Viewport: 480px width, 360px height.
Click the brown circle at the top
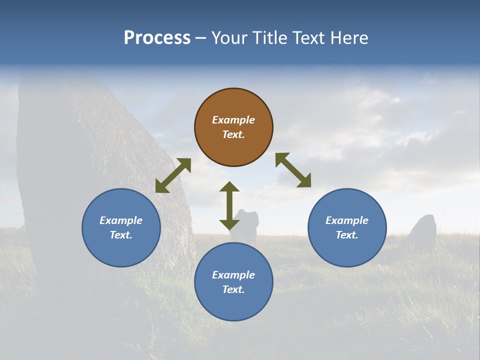233,127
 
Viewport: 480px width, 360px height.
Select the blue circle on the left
121,227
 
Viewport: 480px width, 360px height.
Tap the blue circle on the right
347,227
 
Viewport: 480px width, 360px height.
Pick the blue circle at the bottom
233,282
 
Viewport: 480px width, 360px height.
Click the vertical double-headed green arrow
229,205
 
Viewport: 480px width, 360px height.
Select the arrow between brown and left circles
173,175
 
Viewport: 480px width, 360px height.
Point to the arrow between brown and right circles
293,170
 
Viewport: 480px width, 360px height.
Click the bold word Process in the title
157,38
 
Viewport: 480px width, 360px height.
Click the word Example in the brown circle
233,120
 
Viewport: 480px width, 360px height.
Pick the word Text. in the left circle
121,235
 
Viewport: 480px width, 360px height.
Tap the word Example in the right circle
347,220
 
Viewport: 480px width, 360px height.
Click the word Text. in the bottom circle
233,289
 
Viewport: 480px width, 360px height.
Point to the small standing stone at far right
423,231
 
